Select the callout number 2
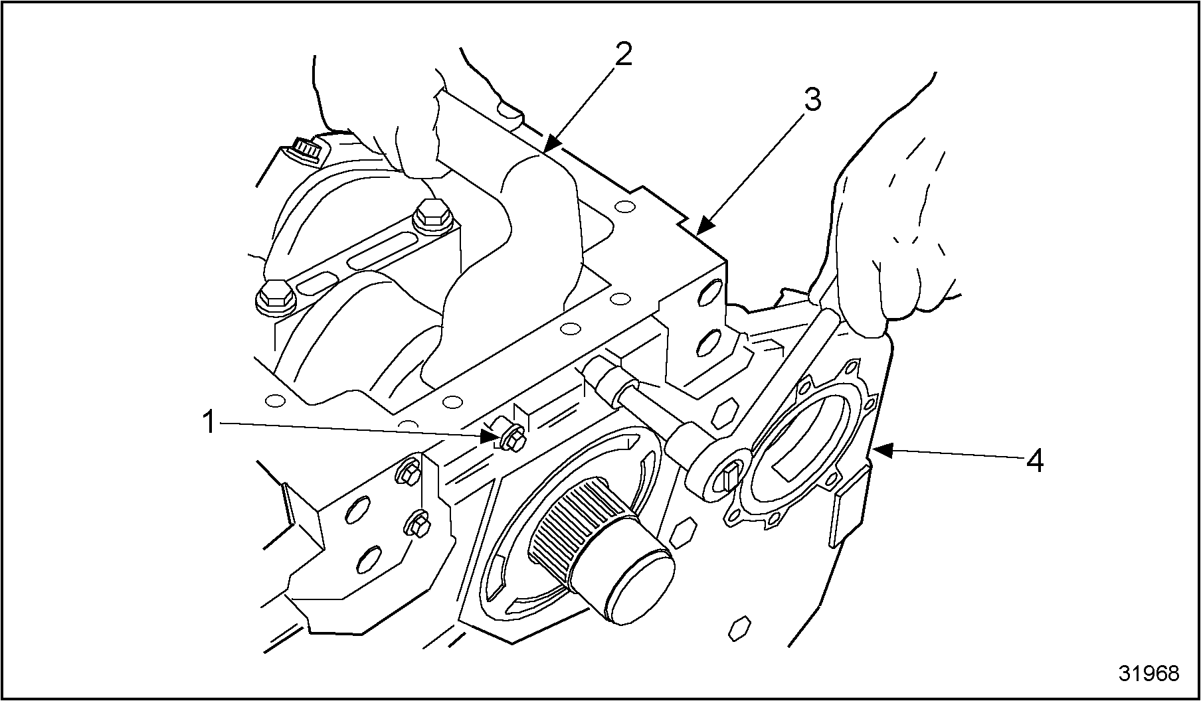pyautogui.click(x=623, y=54)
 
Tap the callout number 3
pyautogui.click(x=812, y=100)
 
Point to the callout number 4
pyautogui.click(x=1034, y=461)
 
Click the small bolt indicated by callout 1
pyautogui.click(x=511, y=439)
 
